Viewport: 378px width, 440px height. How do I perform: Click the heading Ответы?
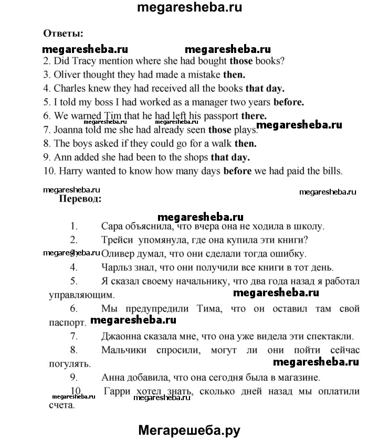(x=64, y=34)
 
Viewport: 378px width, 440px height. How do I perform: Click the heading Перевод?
(x=79, y=199)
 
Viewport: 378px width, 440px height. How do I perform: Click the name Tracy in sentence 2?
(x=80, y=60)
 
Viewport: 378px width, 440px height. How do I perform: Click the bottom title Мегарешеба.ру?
(x=189, y=430)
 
